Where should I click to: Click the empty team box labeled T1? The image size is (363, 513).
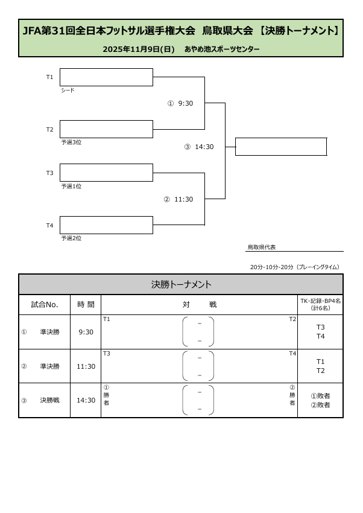(106, 77)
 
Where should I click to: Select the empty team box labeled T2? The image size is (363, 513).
(106, 129)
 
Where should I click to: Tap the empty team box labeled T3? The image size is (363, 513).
(106, 173)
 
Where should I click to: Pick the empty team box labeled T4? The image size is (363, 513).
(106, 225)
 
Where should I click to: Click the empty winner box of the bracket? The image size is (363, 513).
(280, 147)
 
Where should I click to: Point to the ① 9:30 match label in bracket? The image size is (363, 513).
(180, 103)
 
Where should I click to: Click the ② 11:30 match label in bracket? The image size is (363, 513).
(178, 199)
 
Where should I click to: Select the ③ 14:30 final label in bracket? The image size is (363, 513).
(199, 147)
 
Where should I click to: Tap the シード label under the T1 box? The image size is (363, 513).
(68, 91)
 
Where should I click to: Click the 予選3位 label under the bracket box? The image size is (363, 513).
(71, 142)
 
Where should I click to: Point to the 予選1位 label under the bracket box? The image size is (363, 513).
(71, 186)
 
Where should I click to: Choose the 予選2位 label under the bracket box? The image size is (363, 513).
(71, 238)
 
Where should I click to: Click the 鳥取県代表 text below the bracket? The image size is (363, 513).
(262, 247)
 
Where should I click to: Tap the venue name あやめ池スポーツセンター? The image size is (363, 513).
(222, 49)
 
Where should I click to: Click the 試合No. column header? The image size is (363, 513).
(45, 305)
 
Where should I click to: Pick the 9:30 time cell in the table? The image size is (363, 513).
(86, 332)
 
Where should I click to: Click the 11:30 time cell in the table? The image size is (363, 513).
(86, 366)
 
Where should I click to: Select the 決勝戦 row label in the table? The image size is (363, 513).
(50, 400)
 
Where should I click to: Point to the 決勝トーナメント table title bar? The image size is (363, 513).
(181, 284)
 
